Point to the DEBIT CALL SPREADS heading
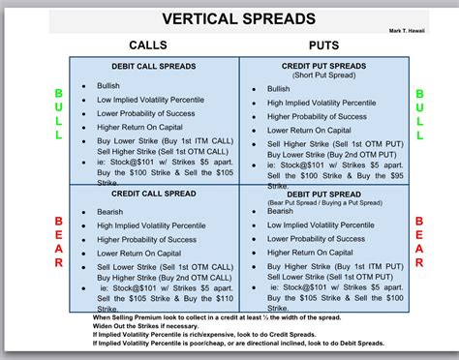(x=153, y=66)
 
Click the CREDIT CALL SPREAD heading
(x=154, y=194)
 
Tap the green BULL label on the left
(x=58, y=115)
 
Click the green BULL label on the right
(x=419, y=115)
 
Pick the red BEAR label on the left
(x=58, y=243)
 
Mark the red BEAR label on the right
(x=419, y=243)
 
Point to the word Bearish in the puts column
(x=281, y=211)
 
